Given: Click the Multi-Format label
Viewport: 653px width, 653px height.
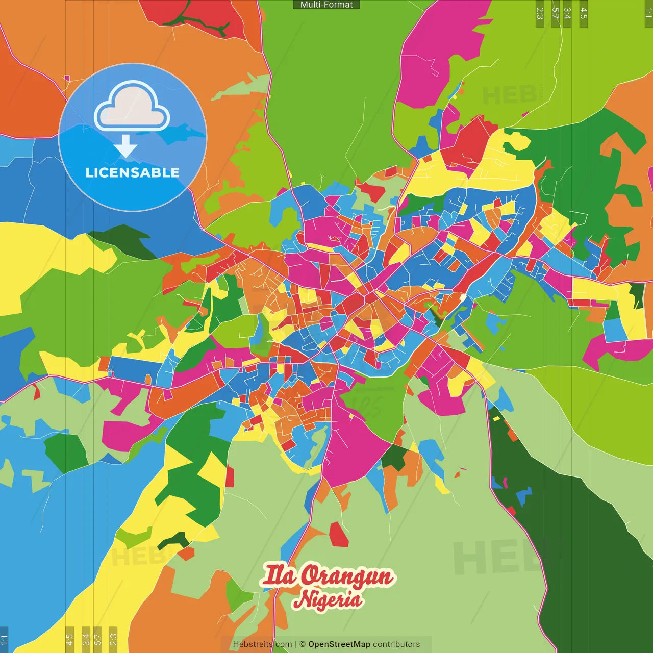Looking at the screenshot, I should [326, 5].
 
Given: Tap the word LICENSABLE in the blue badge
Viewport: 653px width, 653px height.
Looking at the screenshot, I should [132, 172].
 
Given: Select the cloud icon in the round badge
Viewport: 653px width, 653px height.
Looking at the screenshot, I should [132, 106].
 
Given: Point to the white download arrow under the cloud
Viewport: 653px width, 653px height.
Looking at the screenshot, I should [125, 147].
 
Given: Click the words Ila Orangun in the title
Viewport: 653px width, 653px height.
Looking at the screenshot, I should [328, 575].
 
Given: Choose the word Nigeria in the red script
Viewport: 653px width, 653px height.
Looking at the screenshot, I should [328, 599].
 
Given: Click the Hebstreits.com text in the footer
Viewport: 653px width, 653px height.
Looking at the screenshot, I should [262, 644].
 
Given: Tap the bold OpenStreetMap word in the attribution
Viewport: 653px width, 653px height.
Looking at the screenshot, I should [339, 644].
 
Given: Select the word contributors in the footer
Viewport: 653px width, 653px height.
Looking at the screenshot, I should [396, 644].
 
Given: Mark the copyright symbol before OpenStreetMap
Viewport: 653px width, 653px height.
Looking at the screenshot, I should [303, 644].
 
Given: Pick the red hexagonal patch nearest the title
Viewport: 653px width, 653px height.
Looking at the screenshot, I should [338, 534].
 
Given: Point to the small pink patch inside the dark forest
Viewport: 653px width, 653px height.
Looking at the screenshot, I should [505, 482].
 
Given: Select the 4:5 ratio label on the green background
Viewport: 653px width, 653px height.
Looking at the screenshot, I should [584, 13].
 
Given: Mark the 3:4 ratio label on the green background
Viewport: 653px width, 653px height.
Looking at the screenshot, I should [567, 13].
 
